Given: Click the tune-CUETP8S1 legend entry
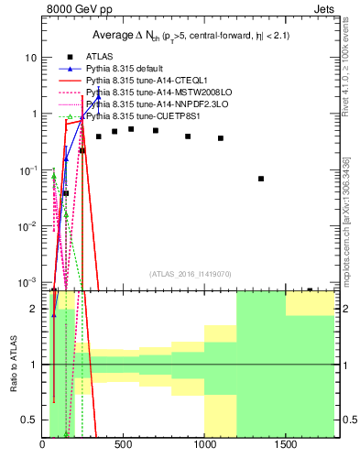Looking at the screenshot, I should pyautogui.click(x=133, y=116).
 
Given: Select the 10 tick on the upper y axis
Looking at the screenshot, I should pyautogui.click(x=30, y=57).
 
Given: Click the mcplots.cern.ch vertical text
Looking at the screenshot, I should pyautogui.click(x=345, y=234).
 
